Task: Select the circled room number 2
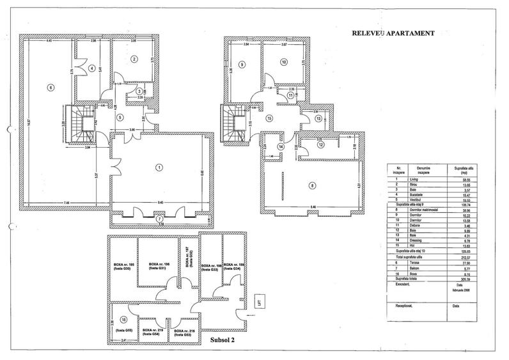[134, 59]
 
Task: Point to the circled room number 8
[312, 186]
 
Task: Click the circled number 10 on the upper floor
[284, 63]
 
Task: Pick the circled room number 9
[243, 65]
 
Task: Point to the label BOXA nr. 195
[122, 266]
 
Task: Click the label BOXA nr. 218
[188, 331]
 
